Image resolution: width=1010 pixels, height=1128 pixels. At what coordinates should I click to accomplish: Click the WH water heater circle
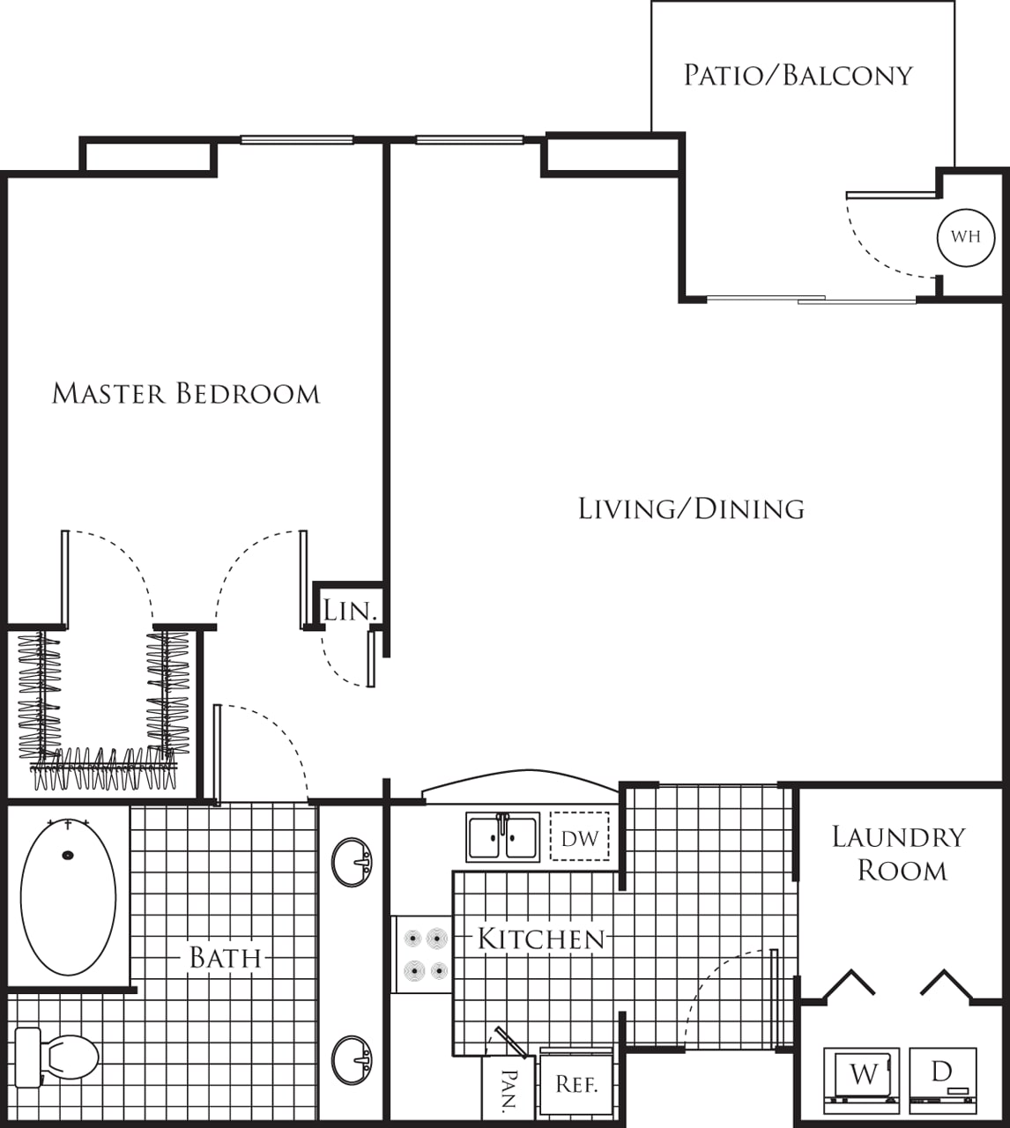pyautogui.click(x=966, y=237)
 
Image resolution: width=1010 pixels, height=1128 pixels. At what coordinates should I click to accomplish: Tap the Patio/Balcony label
pyautogui.click(x=798, y=75)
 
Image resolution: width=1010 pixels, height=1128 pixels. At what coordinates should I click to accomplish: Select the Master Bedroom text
pyautogui.click(x=186, y=393)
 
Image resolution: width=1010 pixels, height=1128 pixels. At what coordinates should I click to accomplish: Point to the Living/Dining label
pyautogui.click(x=691, y=508)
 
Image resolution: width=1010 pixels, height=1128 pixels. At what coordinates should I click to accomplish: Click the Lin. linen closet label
pyautogui.click(x=350, y=611)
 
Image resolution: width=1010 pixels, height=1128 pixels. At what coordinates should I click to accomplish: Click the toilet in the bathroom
pyautogui.click(x=56, y=1057)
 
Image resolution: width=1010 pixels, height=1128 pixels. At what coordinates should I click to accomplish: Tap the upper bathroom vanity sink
pyautogui.click(x=352, y=863)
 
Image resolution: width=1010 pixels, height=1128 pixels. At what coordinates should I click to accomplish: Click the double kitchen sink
pyautogui.click(x=502, y=837)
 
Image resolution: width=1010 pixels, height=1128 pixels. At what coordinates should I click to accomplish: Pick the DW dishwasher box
pyautogui.click(x=580, y=837)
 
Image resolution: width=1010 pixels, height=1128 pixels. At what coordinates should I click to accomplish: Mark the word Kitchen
pyautogui.click(x=541, y=939)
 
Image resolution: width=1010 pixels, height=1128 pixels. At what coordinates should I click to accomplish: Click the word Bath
pyautogui.click(x=226, y=958)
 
